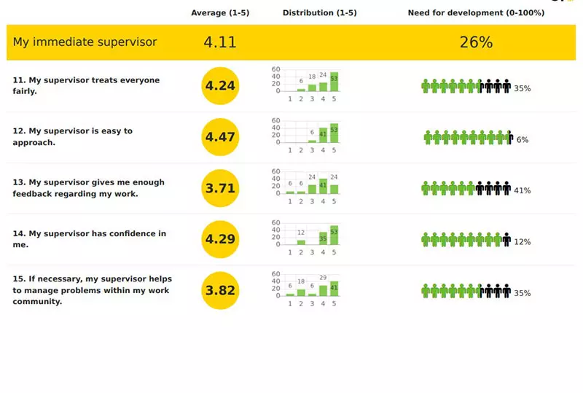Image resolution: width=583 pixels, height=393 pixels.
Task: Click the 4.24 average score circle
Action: pos(220,86)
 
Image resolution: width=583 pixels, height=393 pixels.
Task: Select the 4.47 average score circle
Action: pos(220,137)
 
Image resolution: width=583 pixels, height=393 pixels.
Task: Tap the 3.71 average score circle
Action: pos(220,188)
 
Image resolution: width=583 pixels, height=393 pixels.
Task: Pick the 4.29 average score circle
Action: pos(220,239)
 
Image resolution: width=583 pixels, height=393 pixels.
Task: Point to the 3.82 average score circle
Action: pos(220,290)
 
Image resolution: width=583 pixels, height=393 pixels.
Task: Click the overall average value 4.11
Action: pos(220,42)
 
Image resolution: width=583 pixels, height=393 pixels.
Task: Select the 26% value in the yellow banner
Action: pos(476,42)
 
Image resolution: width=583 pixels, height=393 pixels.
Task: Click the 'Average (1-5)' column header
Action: pos(220,13)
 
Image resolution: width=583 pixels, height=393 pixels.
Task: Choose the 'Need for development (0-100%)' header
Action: pos(476,13)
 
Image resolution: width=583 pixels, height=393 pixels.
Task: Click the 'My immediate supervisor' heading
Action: pos(85,42)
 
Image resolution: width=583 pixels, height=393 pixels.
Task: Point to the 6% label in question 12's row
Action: pos(523,139)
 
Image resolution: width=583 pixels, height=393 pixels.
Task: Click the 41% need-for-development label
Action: pos(522,190)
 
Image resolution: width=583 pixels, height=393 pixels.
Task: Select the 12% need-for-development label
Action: pos(522,241)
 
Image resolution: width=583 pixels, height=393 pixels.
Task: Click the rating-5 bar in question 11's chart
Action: pos(334,81)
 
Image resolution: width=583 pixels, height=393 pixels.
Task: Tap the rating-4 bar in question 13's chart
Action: pos(323,186)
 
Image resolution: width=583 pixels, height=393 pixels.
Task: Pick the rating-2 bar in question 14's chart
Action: pos(301,241)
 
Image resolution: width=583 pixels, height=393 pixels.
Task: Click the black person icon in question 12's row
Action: pos(510,137)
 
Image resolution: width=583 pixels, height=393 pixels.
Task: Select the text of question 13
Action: pos(88,188)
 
